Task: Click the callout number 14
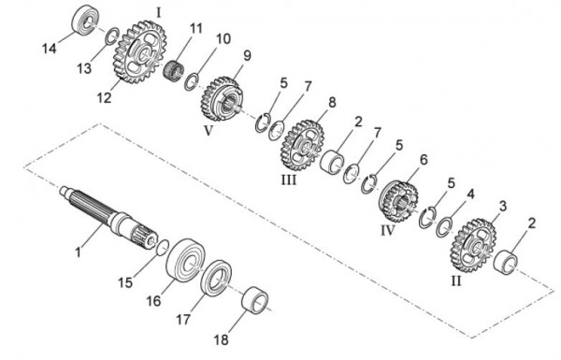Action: tap(50, 49)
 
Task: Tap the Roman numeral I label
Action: tap(159, 13)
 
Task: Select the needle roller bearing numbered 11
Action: tap(174, 68)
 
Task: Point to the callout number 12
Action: tap(105, 97)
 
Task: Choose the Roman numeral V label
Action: tap(209, 131)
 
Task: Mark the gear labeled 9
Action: tap(220, 98)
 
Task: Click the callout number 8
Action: tap(332, 102)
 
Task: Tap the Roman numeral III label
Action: tap(289, 180)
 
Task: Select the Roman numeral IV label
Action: tap(387, 230)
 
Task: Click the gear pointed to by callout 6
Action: tap(398, 201)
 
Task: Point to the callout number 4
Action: tap(471, 194)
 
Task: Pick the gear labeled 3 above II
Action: tap(472, 245)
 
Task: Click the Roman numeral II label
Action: tap(456, 281)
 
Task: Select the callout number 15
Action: tap(125, 282)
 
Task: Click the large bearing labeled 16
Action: tap(185, 260)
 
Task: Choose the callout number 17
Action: tap(183, 319)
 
